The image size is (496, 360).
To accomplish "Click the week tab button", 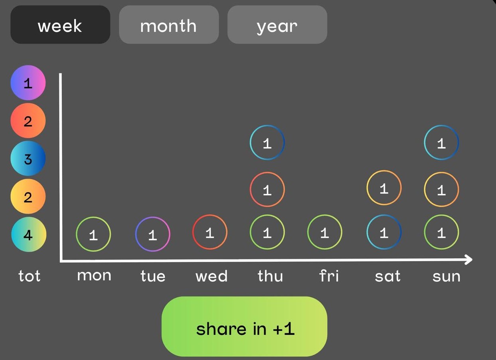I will (60, 25).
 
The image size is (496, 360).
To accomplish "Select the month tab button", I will (169, 25).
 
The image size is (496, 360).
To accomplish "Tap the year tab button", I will (277, 25).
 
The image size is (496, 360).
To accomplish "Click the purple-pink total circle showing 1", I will (28, 83).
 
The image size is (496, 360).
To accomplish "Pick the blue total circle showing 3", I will (28, 158).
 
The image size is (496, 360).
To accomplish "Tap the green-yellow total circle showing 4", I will (28, 235).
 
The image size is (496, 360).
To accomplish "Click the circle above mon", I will (93, 234).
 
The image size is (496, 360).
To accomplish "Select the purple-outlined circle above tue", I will (152, 234).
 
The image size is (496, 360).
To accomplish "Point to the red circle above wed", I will (210, 232).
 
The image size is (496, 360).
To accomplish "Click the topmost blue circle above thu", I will (267, 142).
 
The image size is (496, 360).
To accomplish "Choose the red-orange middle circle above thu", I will (267, 190).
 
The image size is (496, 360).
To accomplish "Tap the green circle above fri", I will (325, 232).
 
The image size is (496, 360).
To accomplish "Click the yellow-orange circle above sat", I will (384, 188).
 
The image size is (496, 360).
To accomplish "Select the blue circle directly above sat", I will (384, 232).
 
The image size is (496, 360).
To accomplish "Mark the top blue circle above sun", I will (441, 142).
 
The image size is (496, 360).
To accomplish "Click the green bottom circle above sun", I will (441, 232).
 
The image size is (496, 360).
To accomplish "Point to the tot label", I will (29, 276).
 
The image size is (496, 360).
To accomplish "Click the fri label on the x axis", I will (329, 276).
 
